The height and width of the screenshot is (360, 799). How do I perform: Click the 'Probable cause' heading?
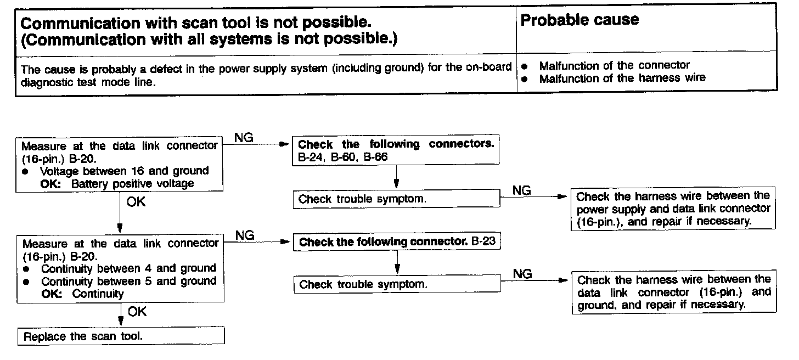click(579, 20)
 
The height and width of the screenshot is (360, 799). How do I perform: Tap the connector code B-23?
click(484, 241)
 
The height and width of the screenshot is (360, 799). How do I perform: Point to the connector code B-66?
click(376, 157)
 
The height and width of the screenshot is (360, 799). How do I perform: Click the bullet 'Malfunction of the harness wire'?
click(622, 78)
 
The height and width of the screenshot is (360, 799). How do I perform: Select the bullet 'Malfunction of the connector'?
click(614, 66)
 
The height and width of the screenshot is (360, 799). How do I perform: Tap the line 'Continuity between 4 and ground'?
click(128, 268)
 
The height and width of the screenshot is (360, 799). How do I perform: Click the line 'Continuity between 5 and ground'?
click(128, 281)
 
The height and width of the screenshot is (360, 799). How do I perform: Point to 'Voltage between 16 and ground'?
click(124, 171)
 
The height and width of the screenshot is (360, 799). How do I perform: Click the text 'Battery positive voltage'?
click(132, 183)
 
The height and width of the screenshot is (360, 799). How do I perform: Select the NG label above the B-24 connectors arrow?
click(244, 138)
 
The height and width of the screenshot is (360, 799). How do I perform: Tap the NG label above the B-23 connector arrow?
click(245, 235)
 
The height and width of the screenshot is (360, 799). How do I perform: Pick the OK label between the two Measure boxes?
click(136, 202)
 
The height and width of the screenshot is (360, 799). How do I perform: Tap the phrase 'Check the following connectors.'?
click(396, 144)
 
